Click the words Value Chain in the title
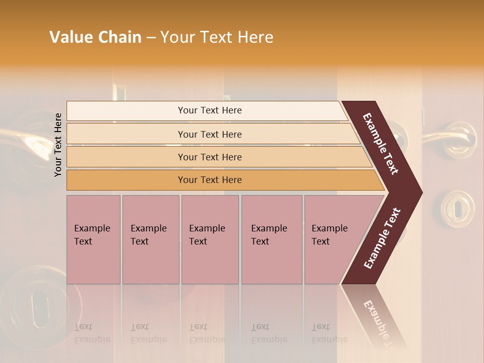tap(95, 37)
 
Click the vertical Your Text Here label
tap(58, 145)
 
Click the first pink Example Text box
tap(93, 239)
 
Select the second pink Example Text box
tap(150, 239)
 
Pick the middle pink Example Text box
tap(210, 239)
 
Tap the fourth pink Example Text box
tap(271, 239)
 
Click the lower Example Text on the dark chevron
tap(382, 238)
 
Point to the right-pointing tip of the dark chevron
tap(419, 192)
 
